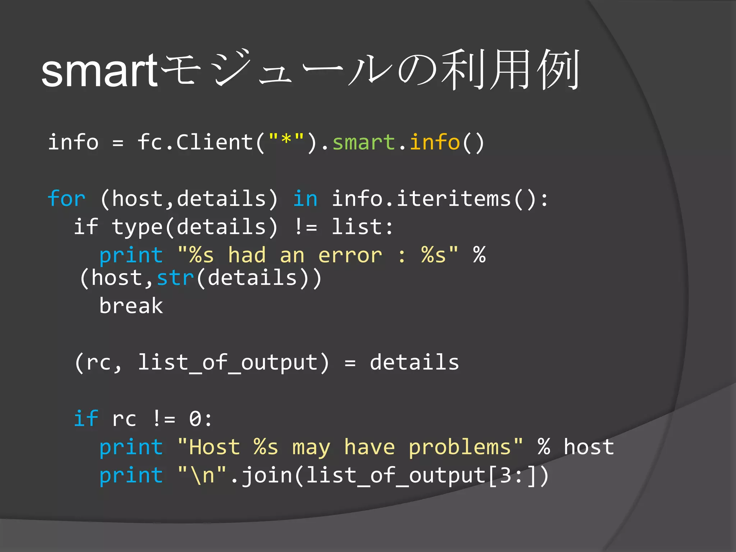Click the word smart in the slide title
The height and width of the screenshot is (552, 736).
point(99,70)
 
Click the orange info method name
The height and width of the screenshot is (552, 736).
point(434,142)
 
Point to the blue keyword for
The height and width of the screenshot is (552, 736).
point(66,199)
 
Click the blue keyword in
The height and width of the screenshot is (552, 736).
point(305,199)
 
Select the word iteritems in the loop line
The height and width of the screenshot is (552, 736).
point(454,199)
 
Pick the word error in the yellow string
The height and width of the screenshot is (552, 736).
point(350,256)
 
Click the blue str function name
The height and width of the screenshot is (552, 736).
point(175,278)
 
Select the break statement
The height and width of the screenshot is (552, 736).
point(131,306)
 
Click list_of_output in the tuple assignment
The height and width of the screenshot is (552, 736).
point(228,362)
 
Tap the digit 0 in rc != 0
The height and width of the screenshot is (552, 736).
point(195,419)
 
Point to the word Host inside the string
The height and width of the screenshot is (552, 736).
point(215,447)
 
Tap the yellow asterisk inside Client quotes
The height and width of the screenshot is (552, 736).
point(286,140)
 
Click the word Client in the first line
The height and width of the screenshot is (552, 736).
point(215,142)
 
